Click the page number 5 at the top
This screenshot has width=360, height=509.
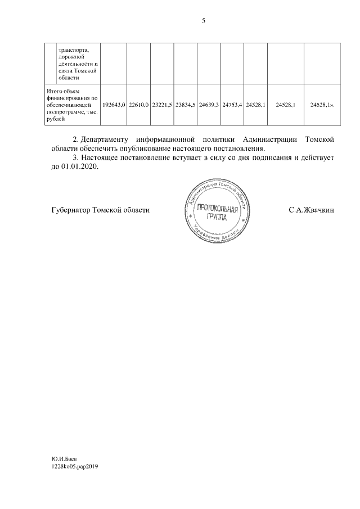pos(203,21)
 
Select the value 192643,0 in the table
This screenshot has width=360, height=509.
pos(114,105)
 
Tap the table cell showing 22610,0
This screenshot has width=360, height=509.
pos(138,105)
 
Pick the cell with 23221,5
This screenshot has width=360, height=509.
pos(162,105)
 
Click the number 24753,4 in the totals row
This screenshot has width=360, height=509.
pos(232,105)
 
